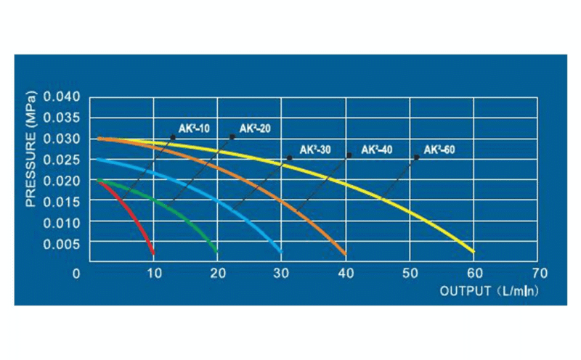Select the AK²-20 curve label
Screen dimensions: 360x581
(x=255, y=128)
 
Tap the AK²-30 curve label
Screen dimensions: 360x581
(x=313, y=150)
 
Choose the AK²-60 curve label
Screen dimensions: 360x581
(x=439, y=150)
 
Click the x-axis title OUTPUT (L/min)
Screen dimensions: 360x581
(x=491, y=290)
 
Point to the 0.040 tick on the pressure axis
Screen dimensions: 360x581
(x=65, y=97)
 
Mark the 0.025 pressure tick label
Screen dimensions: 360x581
(x=65, y=160)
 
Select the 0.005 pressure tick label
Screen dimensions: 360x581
(x=65, y=244)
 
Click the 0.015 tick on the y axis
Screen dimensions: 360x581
(x=65, y=202)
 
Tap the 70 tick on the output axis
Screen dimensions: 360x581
(x=538, y=274)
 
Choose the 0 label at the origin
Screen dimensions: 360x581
(x=76, y=274)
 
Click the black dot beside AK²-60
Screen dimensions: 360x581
(x=417, y=157)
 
